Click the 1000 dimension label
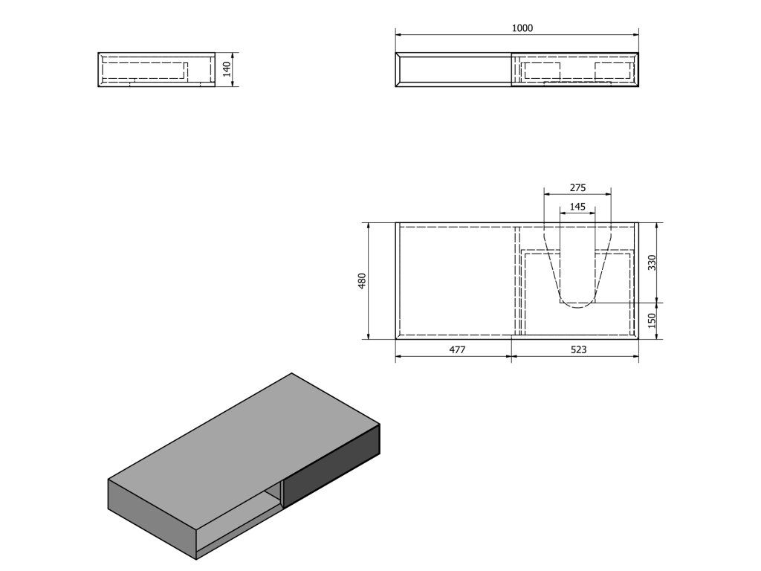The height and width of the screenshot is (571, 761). pyautogui.click(x=522, y=28)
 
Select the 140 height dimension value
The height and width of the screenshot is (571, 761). pyautogui.click(x=227, y=69)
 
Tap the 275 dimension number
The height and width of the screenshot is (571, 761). pyautogui.click(x=577, y=187)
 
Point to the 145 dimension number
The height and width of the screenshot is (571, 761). pyautogui.click(x=577, y=207)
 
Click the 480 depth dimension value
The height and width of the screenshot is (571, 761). pyautogui.click(x=362, y=281)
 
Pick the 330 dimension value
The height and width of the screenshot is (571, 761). pyautogui.click(x=652, y=262)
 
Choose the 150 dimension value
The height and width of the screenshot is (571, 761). pyautogui.click(x=652, y=320)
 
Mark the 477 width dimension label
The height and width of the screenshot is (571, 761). pyautogui.click(x=457, y=349)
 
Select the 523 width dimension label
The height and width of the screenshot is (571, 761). pyautogui.click(x=578, y=349)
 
